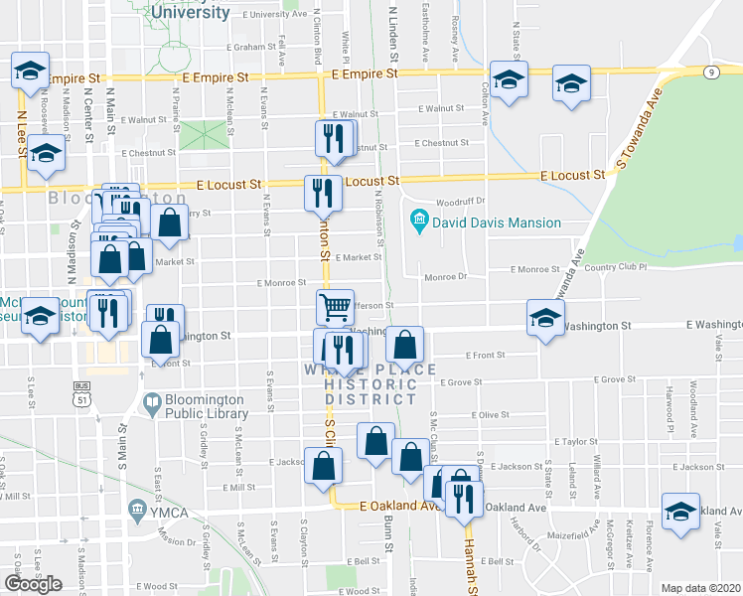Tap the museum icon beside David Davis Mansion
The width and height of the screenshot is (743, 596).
[419, 219]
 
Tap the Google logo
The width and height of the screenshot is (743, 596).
[32, 584]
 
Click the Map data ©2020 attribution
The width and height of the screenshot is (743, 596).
[701, 588]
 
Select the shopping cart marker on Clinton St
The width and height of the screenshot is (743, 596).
[336, 307]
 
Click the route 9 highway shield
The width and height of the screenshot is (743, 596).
[711, 72]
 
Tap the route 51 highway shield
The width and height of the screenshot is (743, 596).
[82, 397]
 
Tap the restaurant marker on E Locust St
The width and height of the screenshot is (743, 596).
[322, 192]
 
